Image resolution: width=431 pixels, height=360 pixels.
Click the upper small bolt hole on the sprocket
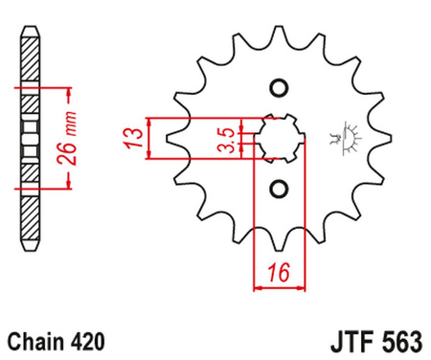click(x=279, y=89)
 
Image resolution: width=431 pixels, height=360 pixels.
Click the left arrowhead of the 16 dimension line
click(x=257, y=285)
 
